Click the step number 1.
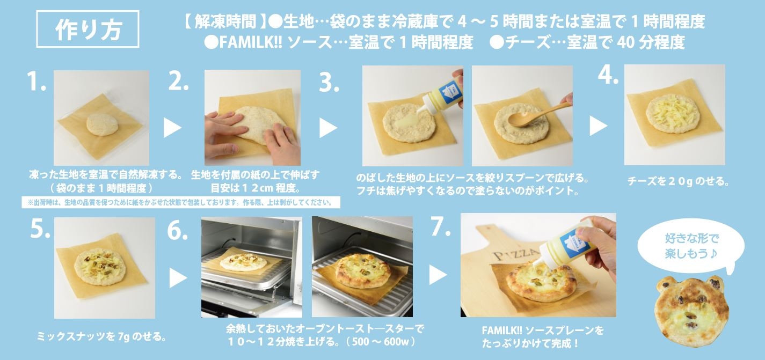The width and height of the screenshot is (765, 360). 37,82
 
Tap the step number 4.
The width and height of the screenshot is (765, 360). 608,76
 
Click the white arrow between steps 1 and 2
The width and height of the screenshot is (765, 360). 171,127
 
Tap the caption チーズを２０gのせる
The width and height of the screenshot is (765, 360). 677,182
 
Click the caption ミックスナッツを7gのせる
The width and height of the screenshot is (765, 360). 100,337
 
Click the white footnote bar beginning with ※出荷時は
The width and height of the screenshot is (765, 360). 180,202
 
